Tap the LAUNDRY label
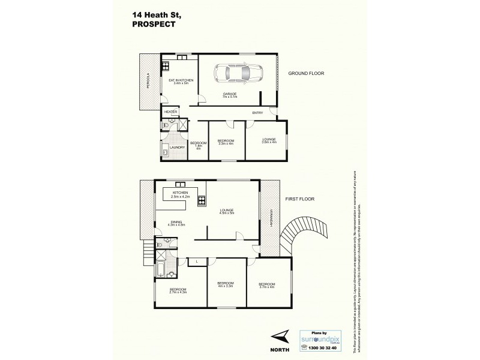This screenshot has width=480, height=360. (x=176, y=147)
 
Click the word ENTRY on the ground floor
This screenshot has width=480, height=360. (x=257, y=112)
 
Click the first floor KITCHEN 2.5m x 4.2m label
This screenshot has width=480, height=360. (x=181, y=194)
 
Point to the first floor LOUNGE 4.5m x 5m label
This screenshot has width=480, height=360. (x=226, y=211)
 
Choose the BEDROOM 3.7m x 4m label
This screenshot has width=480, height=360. (x=266, y=285)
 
